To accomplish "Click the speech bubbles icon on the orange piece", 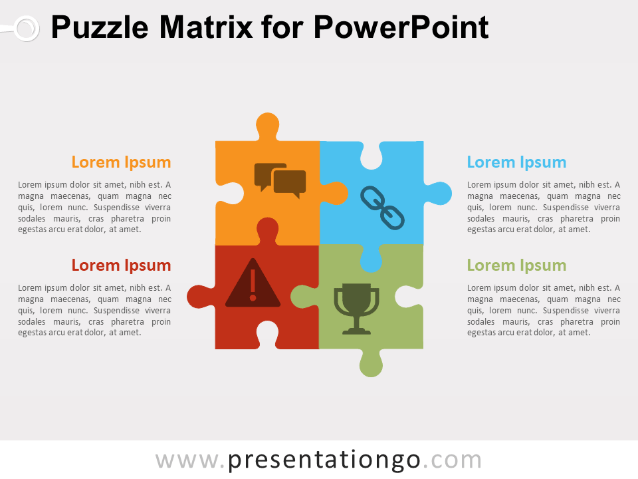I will click(x=280, y=180).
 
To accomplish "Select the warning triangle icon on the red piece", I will click(x=253, y=283).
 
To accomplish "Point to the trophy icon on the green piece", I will click(x=356, y=307).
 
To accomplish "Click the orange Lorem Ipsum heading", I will click(x=121, y=162).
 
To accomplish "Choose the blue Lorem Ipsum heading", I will click(x=516, y=162).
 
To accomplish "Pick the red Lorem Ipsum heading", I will click(x=121, y=265).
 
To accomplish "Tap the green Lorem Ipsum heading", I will click(x=516, y=265).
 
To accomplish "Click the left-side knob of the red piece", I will click(x=199, y=297).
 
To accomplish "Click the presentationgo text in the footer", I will click(x=324, y=460).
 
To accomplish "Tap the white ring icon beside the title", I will click(x=26, y=28).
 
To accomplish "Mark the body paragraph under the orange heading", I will click(x=94, y=207).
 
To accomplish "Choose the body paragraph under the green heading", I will click(x=544, y=310).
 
